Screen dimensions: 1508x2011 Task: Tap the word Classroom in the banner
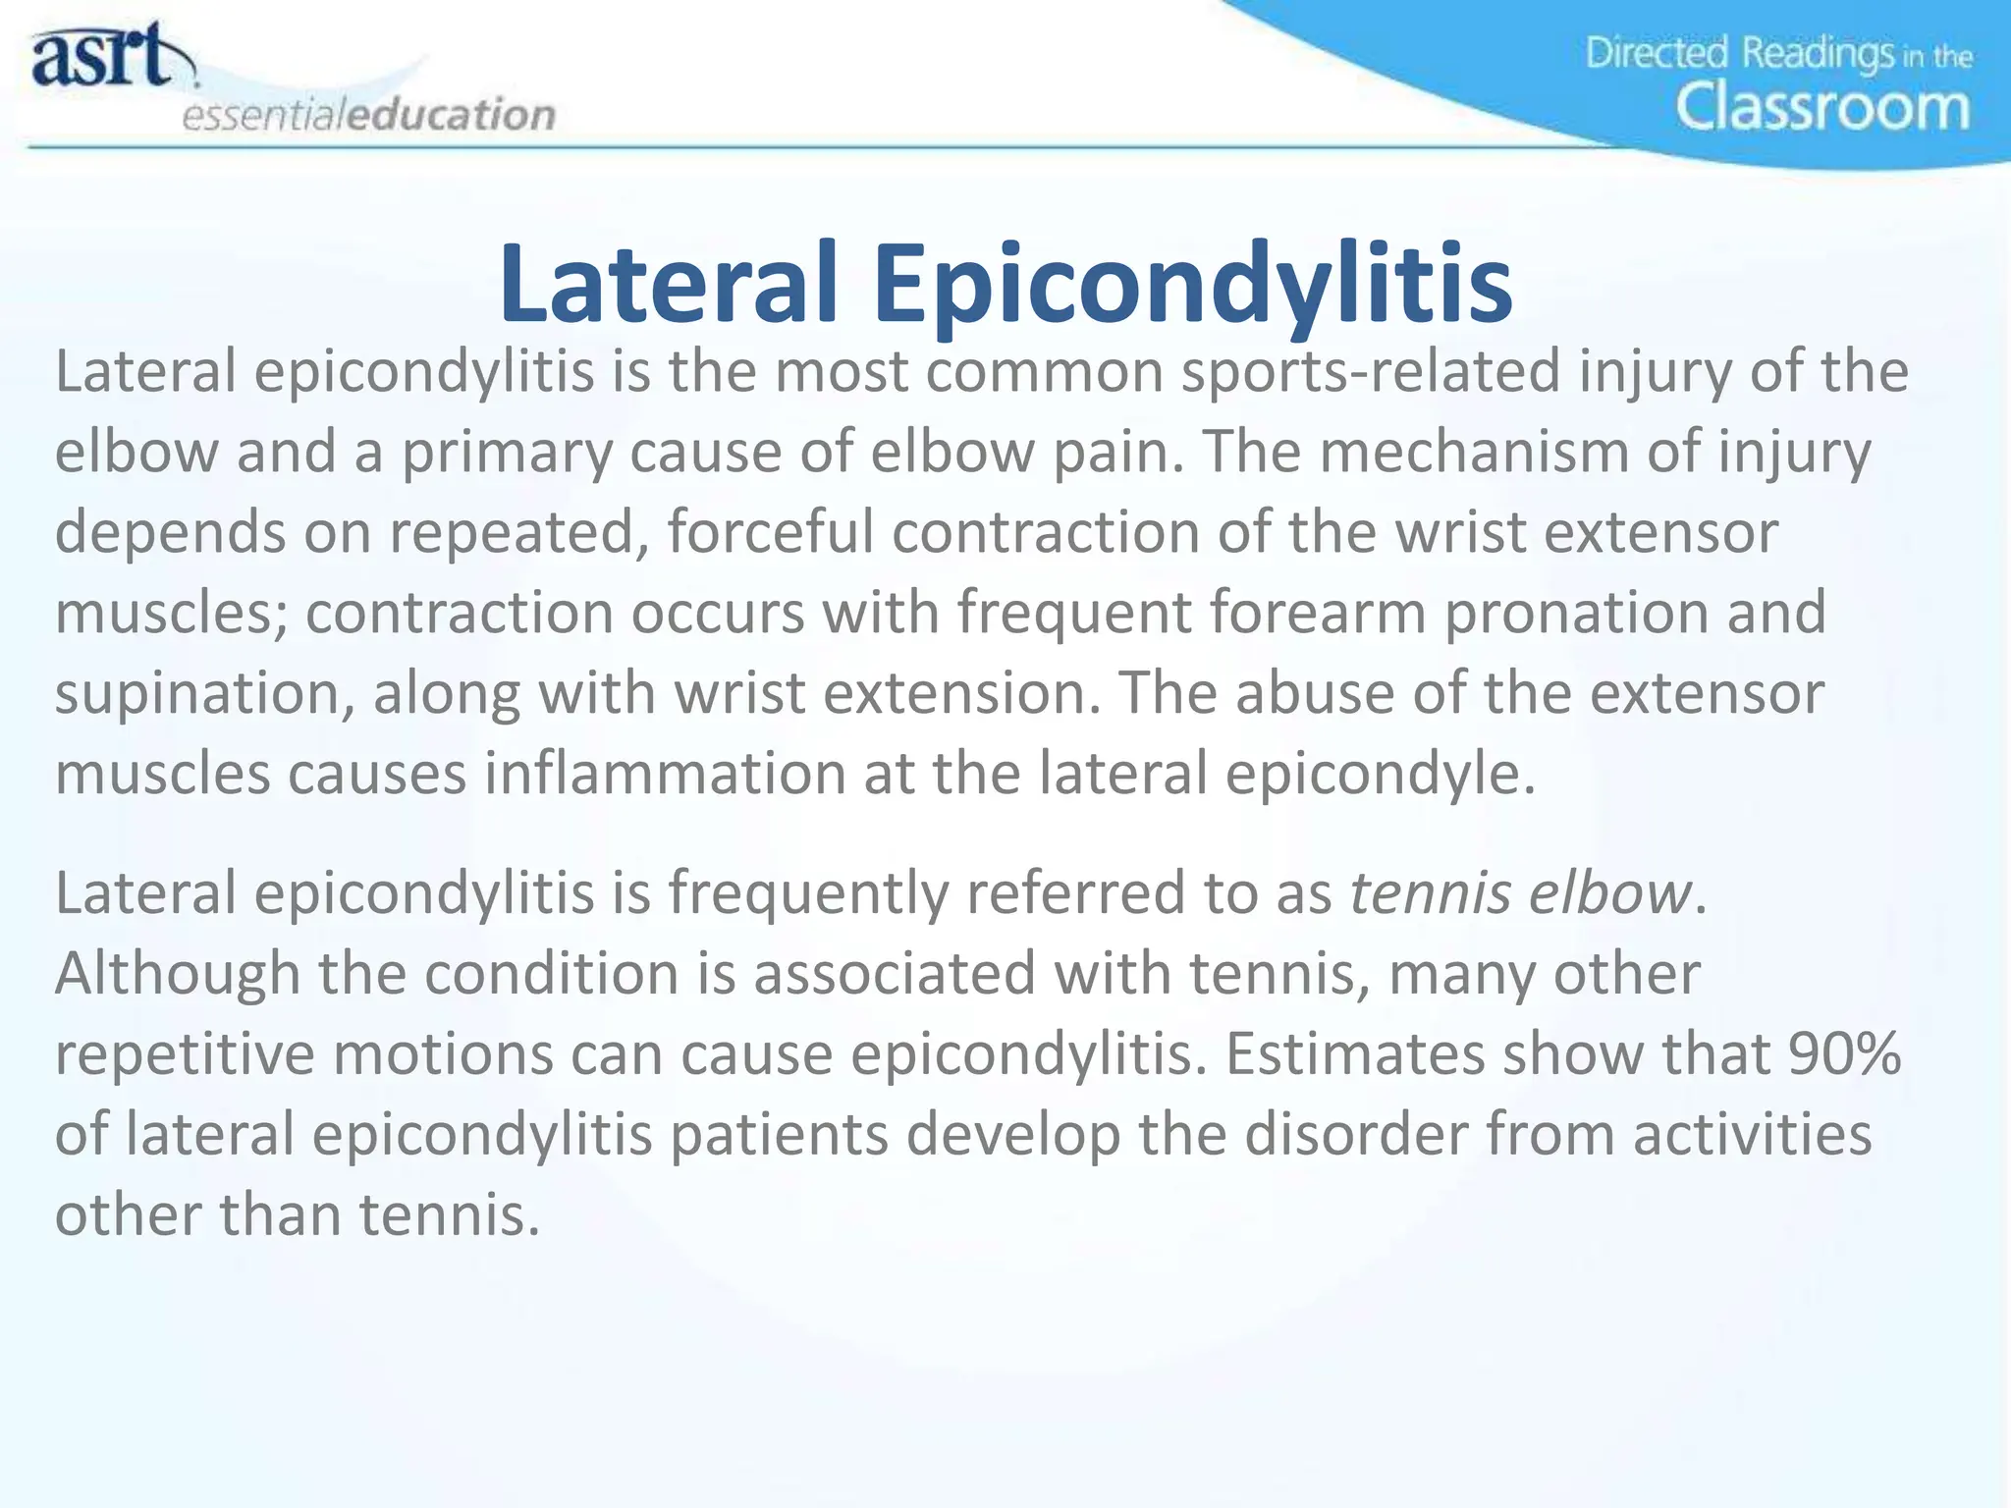[x=1821, y=108]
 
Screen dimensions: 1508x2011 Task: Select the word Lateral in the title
[x=668, y=285]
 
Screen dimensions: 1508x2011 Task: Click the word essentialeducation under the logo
[x=369, y=116]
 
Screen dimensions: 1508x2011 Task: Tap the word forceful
[x=771, y=533]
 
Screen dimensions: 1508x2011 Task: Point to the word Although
[x=177, y=974]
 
